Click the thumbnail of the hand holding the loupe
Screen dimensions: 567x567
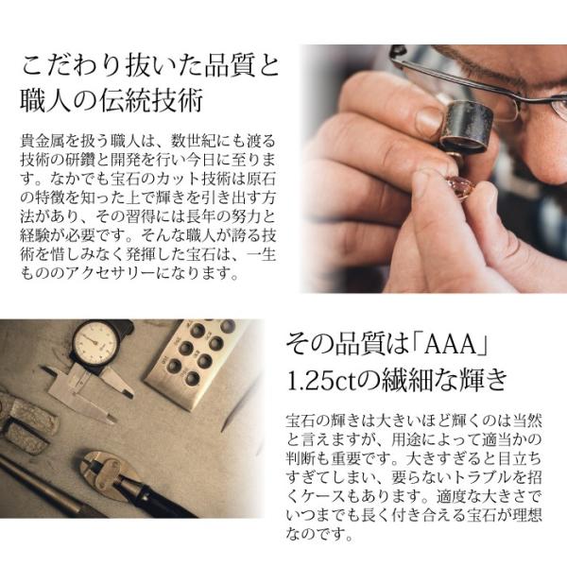[x=429, y=120]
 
